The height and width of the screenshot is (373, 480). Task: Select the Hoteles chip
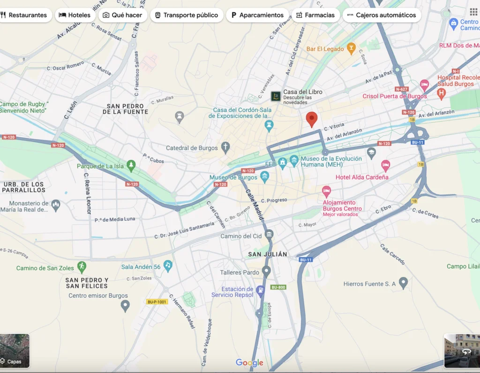coord(75,15)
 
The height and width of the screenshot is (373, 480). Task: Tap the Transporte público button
coord(186,15)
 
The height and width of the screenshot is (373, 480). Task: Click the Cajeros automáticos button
coord(382,15)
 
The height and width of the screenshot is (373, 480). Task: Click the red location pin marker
coord(312,119)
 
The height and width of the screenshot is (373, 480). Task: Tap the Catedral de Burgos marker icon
coord(226,148)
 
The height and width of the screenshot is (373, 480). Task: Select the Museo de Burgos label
coord(233,178)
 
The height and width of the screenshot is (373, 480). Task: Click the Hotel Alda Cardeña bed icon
coord(385,165)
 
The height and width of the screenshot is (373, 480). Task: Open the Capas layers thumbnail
coord(15,350)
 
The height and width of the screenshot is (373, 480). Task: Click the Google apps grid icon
coord(473,12)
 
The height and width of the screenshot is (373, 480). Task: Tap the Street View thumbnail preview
coord(462,350)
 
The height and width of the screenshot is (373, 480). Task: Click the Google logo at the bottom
coord(249,363)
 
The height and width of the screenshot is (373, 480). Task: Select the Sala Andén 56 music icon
coord(168,266)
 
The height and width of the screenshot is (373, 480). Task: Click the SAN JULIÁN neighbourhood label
coord(267,254)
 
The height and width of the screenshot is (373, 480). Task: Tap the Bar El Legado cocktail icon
coord(351,48)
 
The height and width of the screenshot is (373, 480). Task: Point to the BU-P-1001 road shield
coord(157,302)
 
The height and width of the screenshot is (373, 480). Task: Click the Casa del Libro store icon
coord(276,96)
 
